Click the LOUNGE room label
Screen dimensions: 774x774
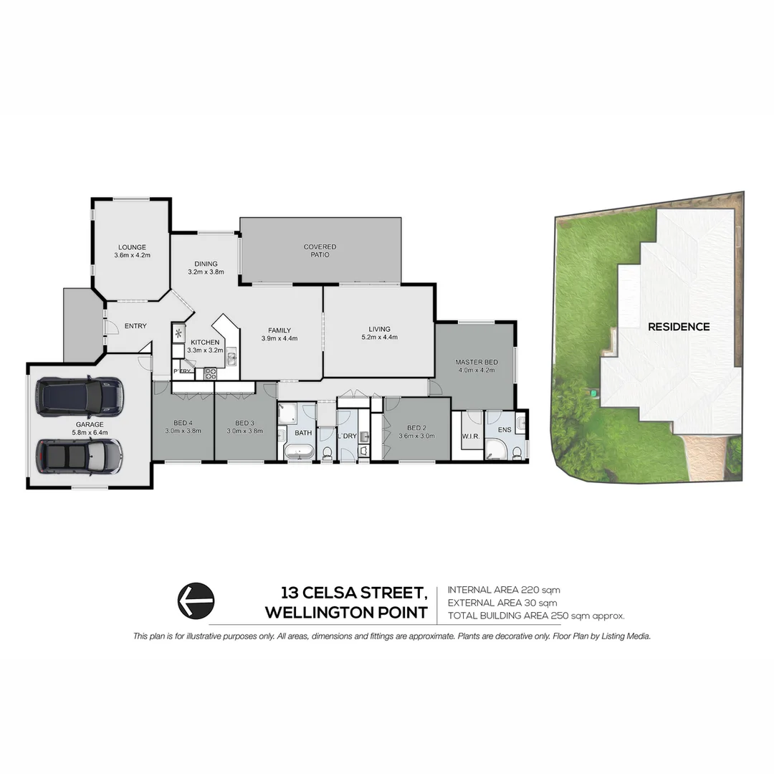[132, 247]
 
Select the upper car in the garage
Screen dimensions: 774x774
[80, 396]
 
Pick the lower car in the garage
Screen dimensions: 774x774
[80, 456]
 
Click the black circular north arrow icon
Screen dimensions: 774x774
[196, 600]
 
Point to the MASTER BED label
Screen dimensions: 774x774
[476, 362]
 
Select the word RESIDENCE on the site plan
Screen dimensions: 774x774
[679, 327]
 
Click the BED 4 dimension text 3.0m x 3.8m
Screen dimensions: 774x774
[183, 431]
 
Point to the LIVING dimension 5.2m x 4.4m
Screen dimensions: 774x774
[379, 338]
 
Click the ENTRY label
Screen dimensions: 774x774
[135, 326]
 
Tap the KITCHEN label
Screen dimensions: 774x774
[205, 343]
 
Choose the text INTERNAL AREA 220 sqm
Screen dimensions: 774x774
[504, 590]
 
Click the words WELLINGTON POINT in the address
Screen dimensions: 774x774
[346, 613]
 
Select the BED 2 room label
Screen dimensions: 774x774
[416, 426]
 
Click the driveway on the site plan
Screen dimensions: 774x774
[705, 459]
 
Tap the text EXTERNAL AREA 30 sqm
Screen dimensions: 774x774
[502, 603]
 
